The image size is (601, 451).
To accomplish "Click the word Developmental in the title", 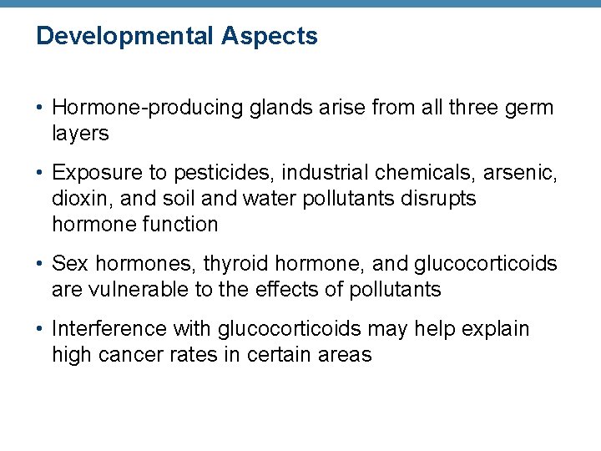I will (126, 36).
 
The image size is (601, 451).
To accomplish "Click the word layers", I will (80, 133).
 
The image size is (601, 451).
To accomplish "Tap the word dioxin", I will (75, 199).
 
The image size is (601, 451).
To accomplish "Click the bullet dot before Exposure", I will (41, 174).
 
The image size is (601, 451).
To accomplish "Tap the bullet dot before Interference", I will (41, 330).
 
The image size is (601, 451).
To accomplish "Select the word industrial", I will (321, 173).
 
